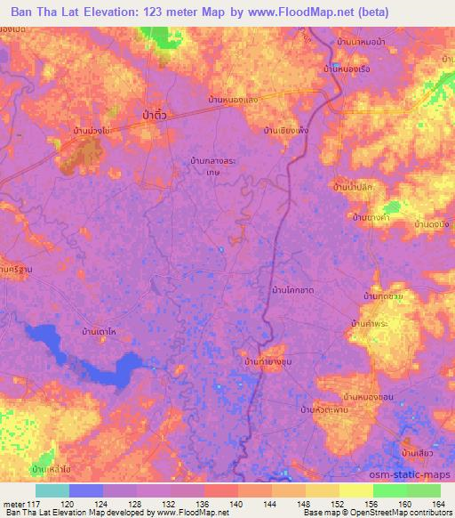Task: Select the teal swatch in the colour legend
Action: pyautogui.click(x=52, y=490)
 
